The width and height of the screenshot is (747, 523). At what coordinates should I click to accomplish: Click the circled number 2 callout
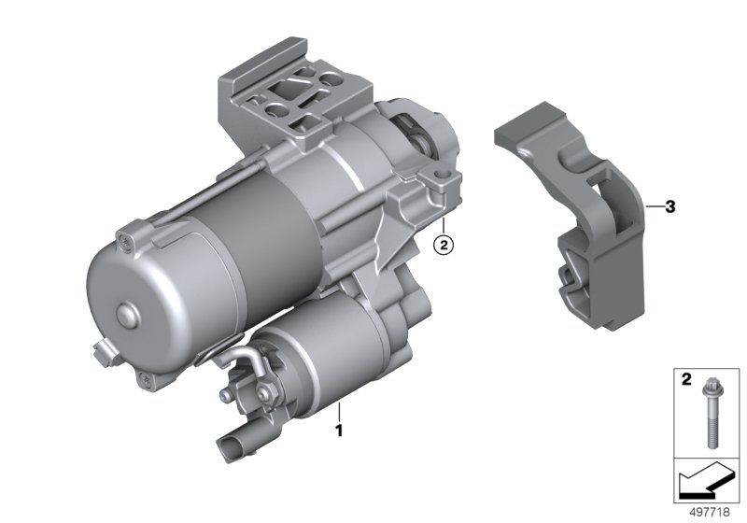pyautogui.click(x=443, y=245)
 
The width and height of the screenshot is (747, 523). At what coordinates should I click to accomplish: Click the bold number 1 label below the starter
pyautogui.click(x=339, y=431)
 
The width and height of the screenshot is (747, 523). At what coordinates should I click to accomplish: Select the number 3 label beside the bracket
pyautogui.click(x=670, y=206)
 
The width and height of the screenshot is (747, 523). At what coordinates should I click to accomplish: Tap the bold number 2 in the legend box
pyautogui.click(x=686, y=379)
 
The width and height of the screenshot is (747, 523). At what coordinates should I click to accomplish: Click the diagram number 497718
pyautogui.click(x=710, y=512)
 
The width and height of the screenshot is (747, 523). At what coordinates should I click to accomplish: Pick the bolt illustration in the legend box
pyautogui.click(x=710, y=411)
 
